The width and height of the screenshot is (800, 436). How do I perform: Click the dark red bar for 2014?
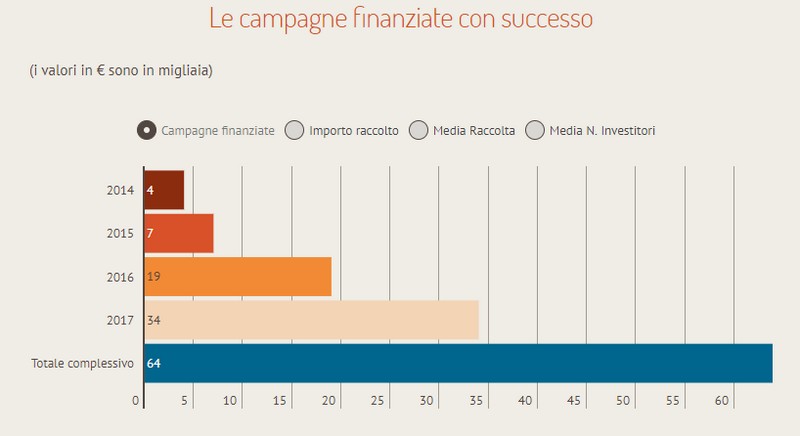(165, 190)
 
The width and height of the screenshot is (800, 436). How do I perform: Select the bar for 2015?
(179, 233)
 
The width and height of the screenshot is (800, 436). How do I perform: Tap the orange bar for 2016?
(238, 276)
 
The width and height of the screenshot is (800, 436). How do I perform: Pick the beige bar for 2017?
(312, 320)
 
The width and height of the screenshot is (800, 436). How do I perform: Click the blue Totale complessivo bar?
(458, 363)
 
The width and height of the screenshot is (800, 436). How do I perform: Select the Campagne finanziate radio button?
(146, 130)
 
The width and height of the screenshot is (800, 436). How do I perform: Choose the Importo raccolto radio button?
(294, 130)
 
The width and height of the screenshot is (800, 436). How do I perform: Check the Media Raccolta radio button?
(419, 130)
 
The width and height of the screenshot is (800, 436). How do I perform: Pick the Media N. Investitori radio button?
(535, 130)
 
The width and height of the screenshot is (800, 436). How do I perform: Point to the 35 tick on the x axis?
(477, 402)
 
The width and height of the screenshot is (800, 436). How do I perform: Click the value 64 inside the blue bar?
(154, 363)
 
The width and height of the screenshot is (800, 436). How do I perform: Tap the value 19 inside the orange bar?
(153, 276)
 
